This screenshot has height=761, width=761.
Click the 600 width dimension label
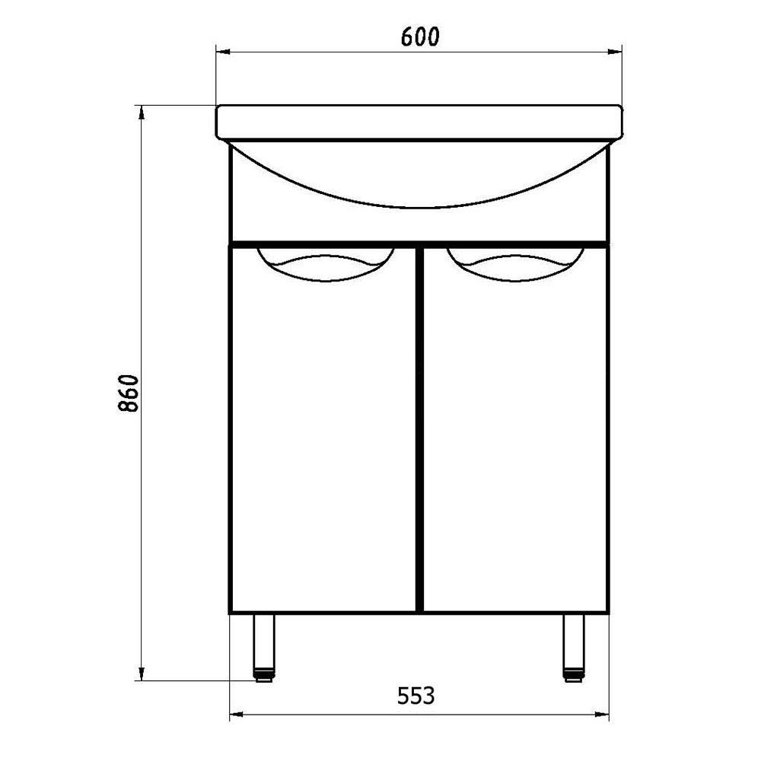point(420,37)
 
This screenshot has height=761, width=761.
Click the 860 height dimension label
point(129,393)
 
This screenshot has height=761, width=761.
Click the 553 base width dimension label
point(416,696)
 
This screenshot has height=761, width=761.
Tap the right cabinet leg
point(574,648)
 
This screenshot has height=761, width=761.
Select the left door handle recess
point(326,265)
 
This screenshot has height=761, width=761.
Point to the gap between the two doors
point(420,429)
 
